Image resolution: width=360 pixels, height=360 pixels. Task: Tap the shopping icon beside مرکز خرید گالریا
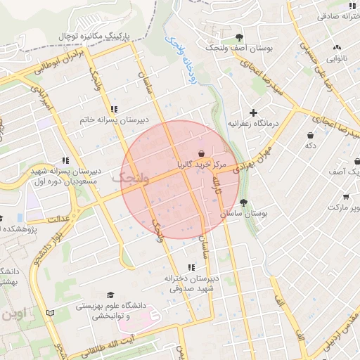pyautogui.click(x=202, y=153)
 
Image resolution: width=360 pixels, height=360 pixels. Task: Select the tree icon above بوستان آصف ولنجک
pyautogui.click(x=240, y=37)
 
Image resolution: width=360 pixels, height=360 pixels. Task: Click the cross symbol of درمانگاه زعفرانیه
pyautogui.click(x=253, y=112)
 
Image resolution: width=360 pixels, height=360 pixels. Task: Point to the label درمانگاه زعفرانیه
pyautogui.click(x=253, y=124)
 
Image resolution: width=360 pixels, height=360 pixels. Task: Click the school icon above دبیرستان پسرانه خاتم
pyautogui.click(x=114, y=109)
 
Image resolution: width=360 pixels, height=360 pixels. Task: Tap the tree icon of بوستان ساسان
pyautogui.click(x=247, y=200)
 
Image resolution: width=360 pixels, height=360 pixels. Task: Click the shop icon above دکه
pyautogui.click(x=310, y=134)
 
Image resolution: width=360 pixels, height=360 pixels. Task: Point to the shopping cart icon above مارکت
pyautogui.click(x=345, y=197)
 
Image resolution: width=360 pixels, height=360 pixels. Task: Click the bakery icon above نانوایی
pyautogui.click(x=335, y=48)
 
